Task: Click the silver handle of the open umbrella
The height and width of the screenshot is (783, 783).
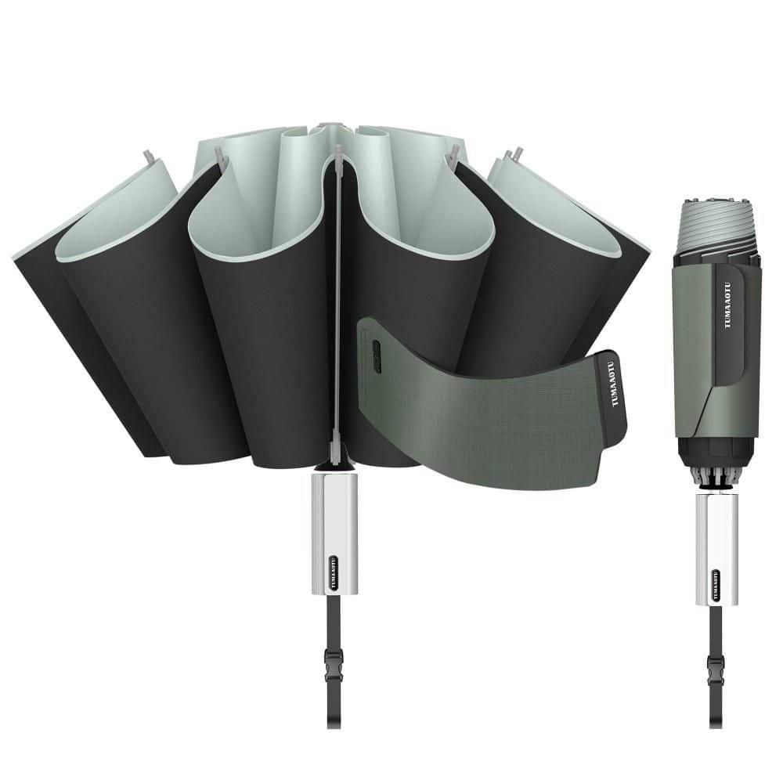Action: click(334, 533)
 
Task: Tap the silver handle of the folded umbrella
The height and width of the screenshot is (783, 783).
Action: click(717, 550)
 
